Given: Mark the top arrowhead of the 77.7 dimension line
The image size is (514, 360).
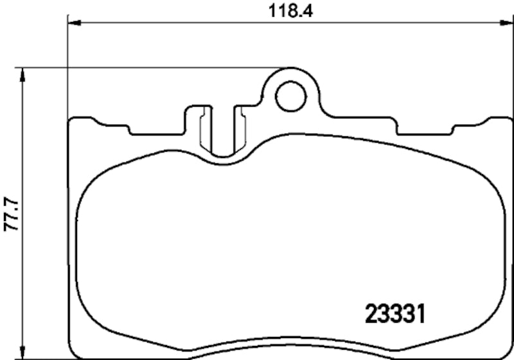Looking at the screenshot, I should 24,75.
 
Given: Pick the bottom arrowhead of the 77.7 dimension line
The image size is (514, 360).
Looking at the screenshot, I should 24,352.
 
